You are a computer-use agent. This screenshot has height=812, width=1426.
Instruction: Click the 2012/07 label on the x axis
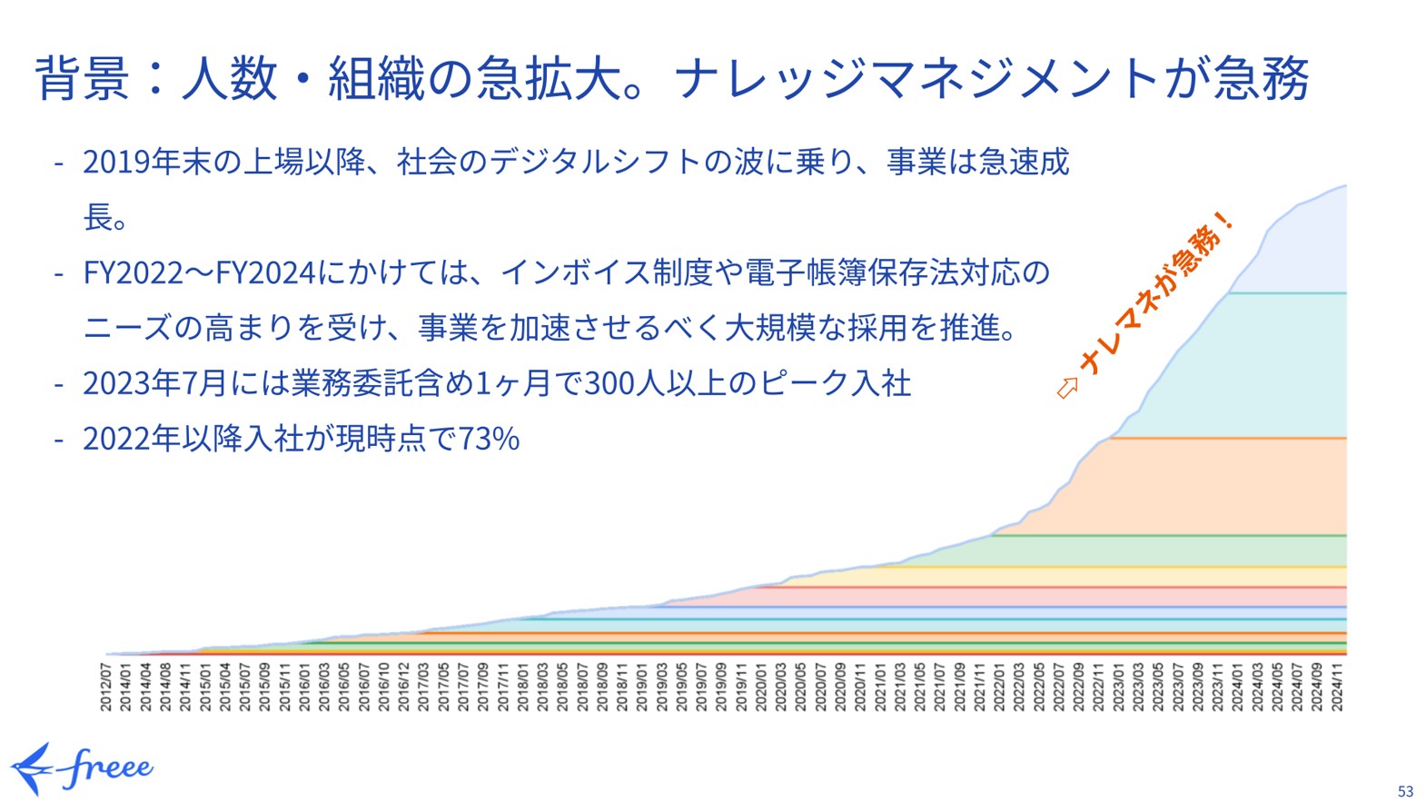click(x=105, y=686)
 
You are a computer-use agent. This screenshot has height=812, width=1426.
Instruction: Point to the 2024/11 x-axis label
click(x=1336, y=686)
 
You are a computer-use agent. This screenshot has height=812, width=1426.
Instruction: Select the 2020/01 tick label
click(x=761, y=686)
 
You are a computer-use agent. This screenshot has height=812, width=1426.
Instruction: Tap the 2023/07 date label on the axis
click(x=1177, y=686)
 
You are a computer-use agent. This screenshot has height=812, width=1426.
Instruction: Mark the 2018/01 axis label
click(x=523, y=686)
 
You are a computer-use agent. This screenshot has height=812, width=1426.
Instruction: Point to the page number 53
click(x=1405, y=791)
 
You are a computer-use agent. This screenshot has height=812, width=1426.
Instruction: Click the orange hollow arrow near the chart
click(x=1067, y=388)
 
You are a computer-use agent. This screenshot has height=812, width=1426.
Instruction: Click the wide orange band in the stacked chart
click(x=1226, y=486)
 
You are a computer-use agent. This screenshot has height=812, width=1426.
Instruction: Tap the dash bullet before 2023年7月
click(x=59, y=384)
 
